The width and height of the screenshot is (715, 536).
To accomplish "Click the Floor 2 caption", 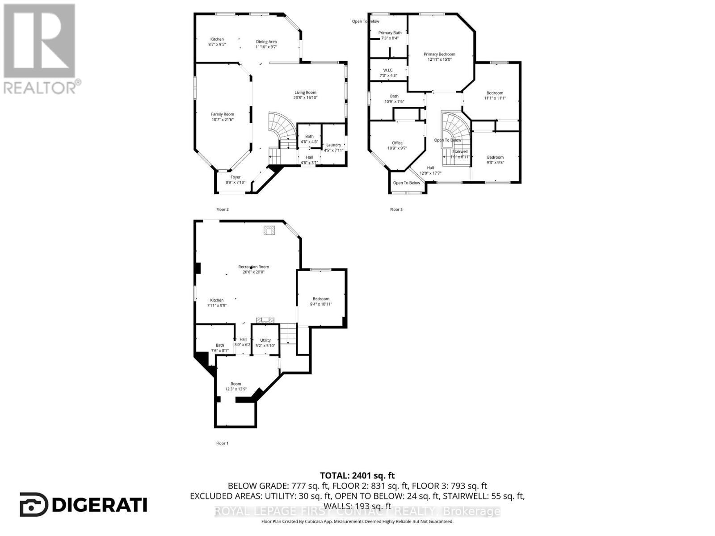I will pyautogui.click(x=222, y=209).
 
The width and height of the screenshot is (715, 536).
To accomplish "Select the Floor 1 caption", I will pyautogui.click(x=222, y=443).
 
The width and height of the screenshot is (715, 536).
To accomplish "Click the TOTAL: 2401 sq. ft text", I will pyautogui.click(x=357, y=476).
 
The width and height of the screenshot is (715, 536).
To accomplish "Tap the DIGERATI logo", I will pyautogui.click(x=84, y=505).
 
